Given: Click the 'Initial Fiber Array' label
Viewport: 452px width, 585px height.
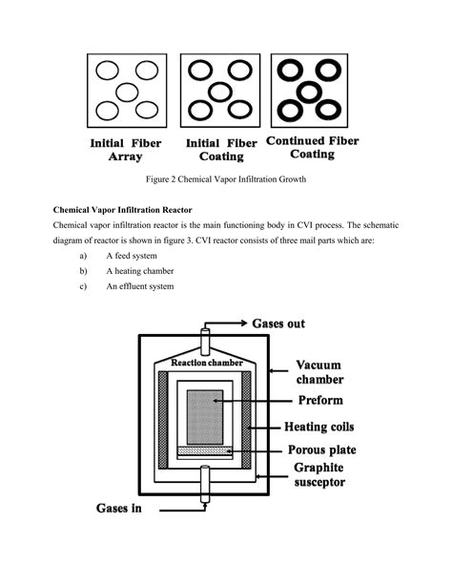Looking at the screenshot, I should (125, 151).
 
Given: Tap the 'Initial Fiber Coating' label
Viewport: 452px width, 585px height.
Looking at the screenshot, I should (221, 151).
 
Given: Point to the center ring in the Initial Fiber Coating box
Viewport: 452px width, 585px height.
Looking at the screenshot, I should (219, 92).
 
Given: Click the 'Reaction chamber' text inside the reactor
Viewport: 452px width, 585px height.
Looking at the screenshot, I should (206, 364).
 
